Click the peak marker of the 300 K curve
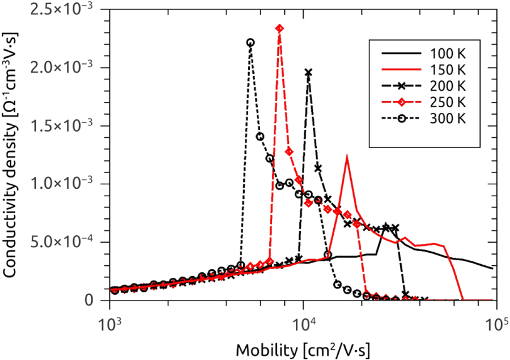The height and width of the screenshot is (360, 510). point(250,43)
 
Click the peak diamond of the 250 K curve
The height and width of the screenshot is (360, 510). point(279,28)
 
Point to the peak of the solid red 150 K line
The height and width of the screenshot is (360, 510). point(346,156)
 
